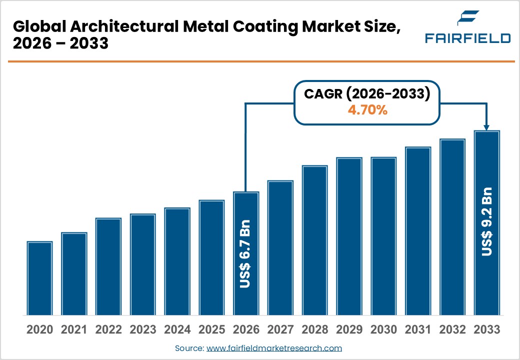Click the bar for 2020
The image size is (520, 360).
pos(40,278)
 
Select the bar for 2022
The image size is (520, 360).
pos(108,266)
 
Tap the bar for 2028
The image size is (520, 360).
pos(314,240)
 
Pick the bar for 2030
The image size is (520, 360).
pos(383,236)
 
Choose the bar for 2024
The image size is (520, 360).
pos(177,261)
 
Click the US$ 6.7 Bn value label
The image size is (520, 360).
pos(245,253)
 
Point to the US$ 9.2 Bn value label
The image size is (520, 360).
pos(486,221)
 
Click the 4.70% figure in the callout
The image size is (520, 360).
pos(367,110)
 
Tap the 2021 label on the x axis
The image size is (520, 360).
pos(74,330)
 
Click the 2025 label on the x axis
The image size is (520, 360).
pos(211,330)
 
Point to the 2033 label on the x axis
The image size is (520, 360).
pos(486,330)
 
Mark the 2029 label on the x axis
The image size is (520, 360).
pos(349,330)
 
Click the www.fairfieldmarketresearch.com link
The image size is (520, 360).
pos(274,348)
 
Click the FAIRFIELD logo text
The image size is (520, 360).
pos(467,38)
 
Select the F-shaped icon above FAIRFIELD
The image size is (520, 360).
pos(468,19)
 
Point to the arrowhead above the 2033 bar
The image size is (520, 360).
pos(486,128)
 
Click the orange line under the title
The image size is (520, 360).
pos(260,61)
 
